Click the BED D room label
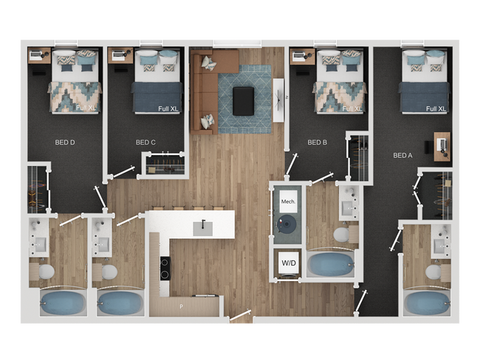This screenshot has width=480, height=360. pyautogui.click(x=66, y=142)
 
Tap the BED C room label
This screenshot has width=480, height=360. pyautogui.click(x=145, y=142)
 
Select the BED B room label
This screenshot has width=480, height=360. pyautogui.click(x=317, y=142)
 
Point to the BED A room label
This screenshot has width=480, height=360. pyautogui.click(x=402, y=155)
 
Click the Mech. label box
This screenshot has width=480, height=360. pyautogui.click(x=288, y=201)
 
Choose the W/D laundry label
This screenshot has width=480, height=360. pyautogui.click(x=288, y=262)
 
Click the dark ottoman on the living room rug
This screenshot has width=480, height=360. pyautogui.click(x=243, y=101)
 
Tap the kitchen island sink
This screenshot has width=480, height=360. pyautogui.click(x=204, y=228)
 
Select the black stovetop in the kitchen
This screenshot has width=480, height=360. pyautogui.click(x=164, y=266)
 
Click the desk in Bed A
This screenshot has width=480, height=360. pyautogui.click(x=442, y=145)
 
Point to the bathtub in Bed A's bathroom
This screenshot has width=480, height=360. pyautogui.click(x=426, y=302)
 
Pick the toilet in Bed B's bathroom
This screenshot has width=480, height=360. pyautogui.click(x=342, y=235)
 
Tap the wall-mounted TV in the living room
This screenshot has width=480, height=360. pyautogui.click(x=278, y=99)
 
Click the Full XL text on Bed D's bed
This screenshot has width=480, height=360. pyautogui.click(x=86, y=108)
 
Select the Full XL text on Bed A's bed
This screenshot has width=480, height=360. pyautogui.click(x=436, y=108)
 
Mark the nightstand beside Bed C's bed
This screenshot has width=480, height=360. pyautogui.click(x=117, y=55)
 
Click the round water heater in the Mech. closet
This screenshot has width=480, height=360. pyautogui.click(x=287, y=224)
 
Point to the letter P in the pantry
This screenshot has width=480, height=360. pyautogui.click(x=179, y=305)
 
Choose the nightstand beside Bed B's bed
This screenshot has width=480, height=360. pyautogui.click(x=298, y=57)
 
